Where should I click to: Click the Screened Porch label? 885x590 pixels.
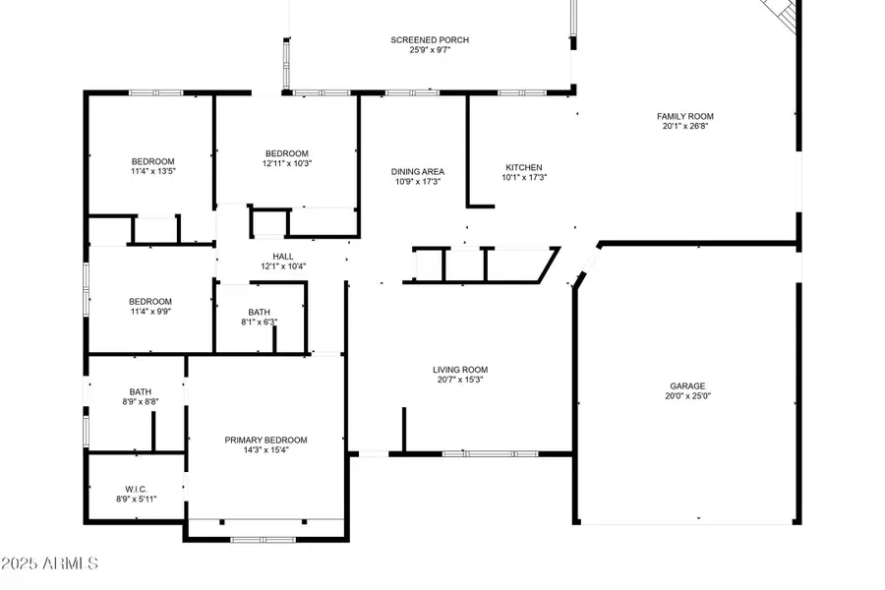pos(430,40)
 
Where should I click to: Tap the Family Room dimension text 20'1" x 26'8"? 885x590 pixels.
pos(685,126)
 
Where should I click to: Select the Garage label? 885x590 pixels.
pos(685,386)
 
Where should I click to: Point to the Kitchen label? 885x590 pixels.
pos(523,167)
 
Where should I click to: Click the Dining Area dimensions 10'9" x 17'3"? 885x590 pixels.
pos(417,182)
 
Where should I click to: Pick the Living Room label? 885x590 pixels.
pos(460,370)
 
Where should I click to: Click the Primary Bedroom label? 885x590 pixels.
pos(265,440)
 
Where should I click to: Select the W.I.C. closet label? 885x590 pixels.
pos(136,488)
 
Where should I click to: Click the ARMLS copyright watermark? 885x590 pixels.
pos(51,564)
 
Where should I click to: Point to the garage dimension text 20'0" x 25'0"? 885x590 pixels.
pos(685,397)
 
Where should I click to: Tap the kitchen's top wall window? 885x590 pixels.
pos(514,93)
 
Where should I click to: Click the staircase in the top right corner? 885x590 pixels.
pos(781,12)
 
